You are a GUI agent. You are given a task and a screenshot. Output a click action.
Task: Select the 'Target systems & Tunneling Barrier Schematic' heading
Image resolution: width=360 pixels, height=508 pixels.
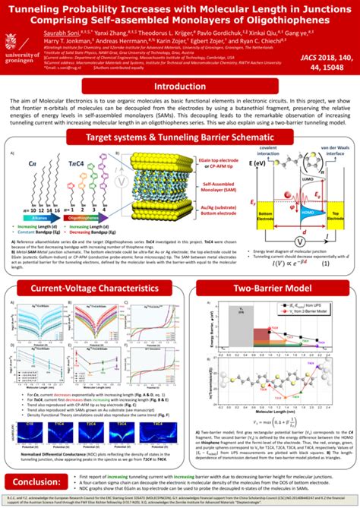180,137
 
